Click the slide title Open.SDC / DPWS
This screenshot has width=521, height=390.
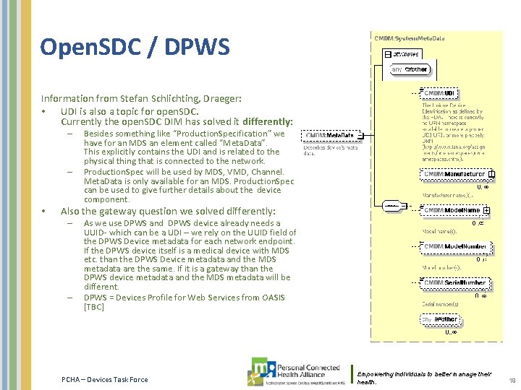click(x=135, y=48)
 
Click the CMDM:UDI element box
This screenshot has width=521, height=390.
click(x=439, y=94)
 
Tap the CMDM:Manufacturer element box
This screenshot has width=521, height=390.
click(x=454, y=174)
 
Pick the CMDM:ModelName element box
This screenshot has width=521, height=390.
click(x=452, y=210)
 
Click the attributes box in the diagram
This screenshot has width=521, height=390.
click(x=405, y=54)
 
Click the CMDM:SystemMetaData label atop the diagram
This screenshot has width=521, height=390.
click(x=409, y=37)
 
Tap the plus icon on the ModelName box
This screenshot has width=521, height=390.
click(x=487, y=210)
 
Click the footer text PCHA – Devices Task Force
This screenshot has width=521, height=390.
click(x=104, y=380)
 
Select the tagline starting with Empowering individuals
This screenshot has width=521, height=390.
click(x=424, y=378)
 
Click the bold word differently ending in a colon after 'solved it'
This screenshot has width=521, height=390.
click(x=268, y=122)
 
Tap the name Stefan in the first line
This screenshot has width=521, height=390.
click(x=142, y=98)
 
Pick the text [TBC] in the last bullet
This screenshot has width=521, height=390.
click(x=94, y=307)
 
